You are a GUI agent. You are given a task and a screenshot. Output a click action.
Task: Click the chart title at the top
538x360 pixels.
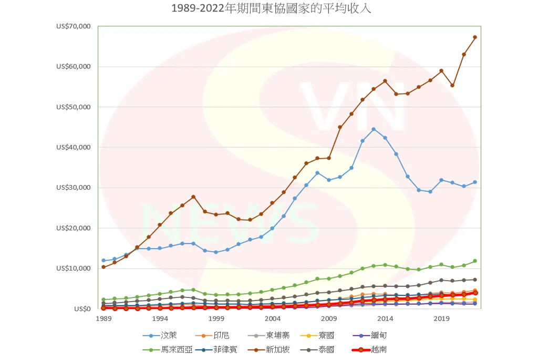click(x=271, y=9)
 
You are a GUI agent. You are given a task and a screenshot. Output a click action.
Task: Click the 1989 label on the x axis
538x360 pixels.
click(x=104, y=318)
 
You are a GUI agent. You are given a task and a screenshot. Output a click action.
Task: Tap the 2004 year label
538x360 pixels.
click(x=272, y=318)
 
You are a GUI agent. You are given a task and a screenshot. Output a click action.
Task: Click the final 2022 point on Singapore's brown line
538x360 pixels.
click(x=475, y=37)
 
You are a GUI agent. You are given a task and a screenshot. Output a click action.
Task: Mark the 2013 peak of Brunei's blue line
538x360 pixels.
click(x=374, y=129)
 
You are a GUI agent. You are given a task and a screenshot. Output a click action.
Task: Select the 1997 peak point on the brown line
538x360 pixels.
click(x=193, y=197)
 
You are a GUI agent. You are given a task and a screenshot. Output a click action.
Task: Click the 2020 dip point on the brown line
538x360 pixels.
click(x=452, y=86)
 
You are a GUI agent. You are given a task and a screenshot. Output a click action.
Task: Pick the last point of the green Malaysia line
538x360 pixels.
click(x=475, y=261)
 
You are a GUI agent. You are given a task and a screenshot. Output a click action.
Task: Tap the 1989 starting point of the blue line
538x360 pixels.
click(x=104, y=261)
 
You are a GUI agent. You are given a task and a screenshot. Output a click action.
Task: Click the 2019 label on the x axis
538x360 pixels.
click(x=441, y=318)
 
